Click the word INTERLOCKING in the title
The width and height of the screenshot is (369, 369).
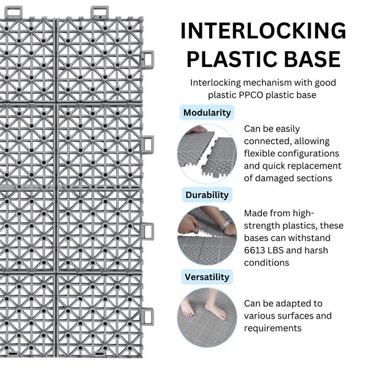coord(263,31)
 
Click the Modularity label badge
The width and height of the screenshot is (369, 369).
coord(207,113)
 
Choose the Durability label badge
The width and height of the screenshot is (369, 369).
coord(207,195)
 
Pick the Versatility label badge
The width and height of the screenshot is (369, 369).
coord(207,277)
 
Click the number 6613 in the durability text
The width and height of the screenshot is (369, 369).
coord(256,250)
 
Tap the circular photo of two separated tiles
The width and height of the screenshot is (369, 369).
coord(207,154)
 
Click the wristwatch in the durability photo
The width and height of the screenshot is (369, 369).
coord(226,223)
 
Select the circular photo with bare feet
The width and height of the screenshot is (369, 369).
coord(207,318)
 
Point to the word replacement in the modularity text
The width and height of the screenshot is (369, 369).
coord(314,166)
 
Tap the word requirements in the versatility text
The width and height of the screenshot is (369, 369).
coord(272,328)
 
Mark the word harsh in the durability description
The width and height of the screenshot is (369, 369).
coord(316,250)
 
